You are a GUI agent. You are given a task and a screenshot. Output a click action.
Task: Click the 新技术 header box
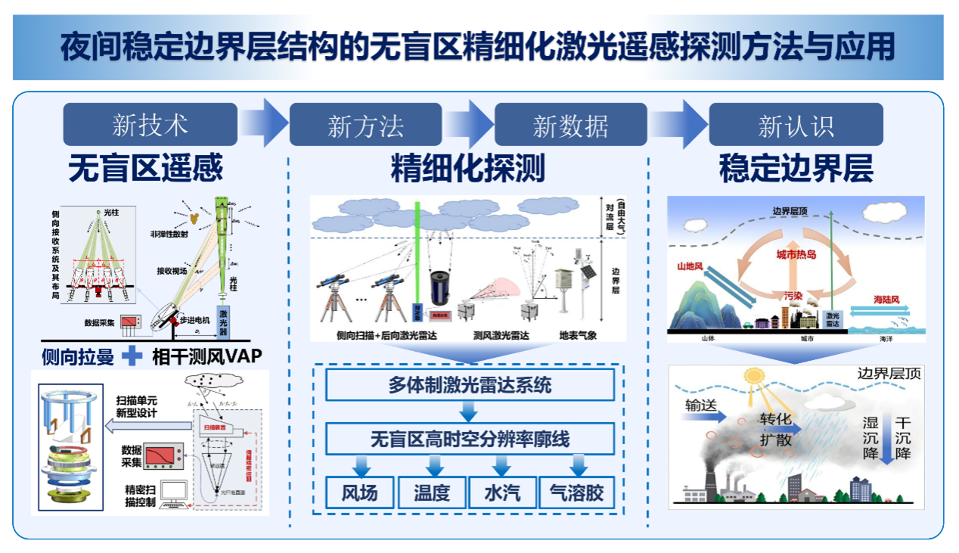pos(150,125)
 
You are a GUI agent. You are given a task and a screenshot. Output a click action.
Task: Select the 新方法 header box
pos(366,125)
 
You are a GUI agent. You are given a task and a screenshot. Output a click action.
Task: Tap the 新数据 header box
pos(570,125)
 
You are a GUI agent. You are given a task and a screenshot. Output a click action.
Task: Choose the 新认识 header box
pos(796,125)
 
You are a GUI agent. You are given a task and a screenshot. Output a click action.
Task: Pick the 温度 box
pos(431,493)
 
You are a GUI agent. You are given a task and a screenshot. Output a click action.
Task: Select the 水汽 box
pos(502,493)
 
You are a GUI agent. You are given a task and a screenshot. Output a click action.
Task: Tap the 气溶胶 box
pos(579,493)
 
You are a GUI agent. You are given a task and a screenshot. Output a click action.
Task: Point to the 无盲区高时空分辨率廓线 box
pos(470,439)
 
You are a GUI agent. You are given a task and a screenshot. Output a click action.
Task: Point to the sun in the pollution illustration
pos(753,375)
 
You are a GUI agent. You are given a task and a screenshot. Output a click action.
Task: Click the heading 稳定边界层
pos(796,168)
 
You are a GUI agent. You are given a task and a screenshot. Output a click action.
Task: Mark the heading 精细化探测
pos(467,169)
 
